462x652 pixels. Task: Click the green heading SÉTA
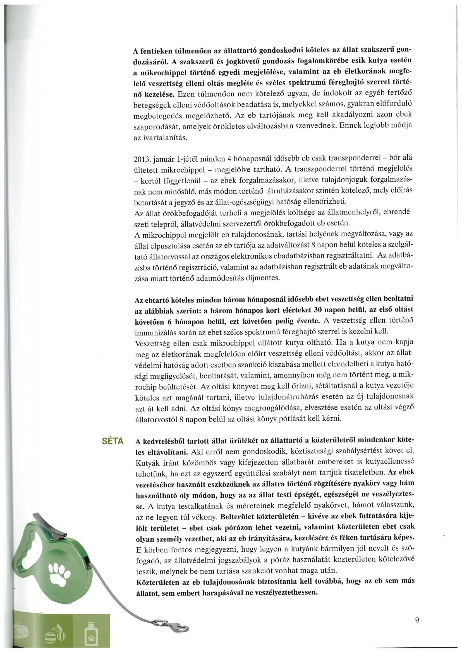click(x=113, y=441)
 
